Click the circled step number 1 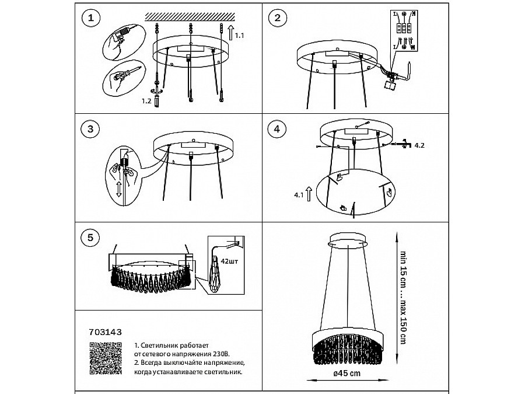click(x=89, y=19)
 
